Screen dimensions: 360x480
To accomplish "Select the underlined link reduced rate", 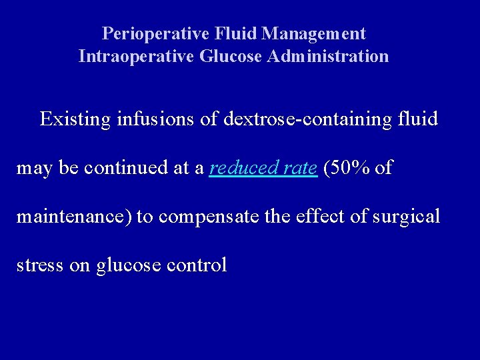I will click(x=263, y=169).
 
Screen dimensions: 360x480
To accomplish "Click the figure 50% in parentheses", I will click(x=347, y=169).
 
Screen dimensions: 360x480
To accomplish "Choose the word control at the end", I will click(x=199, y=266).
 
